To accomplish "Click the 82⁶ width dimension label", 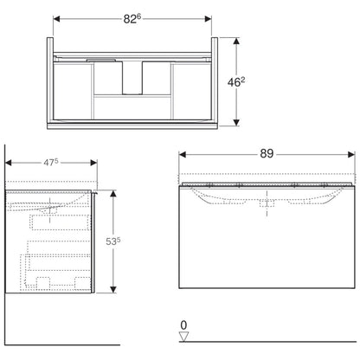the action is click(x=132, y=19).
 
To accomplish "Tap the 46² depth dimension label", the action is click(x=236, y=82).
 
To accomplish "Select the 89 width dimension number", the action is click(x=267, y=154).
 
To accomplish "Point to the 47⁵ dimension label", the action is click(x=51, y=163).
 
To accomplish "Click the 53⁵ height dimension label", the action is click(x=113, y=241).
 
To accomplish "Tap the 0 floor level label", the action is click(x=183, y=325).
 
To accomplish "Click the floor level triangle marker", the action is click(x=183, y=337).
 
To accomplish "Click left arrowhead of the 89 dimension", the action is click(x=182, y=155).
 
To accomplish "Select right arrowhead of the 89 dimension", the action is click(x=351, y=155).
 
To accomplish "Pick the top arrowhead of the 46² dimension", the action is click(x=236, y=42).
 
